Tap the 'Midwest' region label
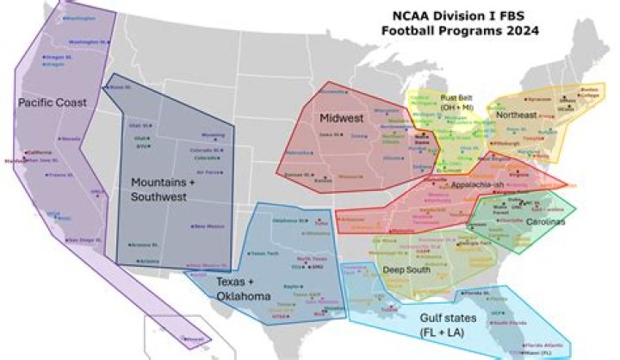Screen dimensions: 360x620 click(340, 117)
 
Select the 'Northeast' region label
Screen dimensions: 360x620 click(516, 113)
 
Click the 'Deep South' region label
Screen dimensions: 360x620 click(406, 269)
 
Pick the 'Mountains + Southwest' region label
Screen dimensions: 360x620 click(164, 189)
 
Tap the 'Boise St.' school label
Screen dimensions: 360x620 click(120, 87)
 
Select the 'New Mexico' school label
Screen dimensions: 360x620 click(209, 226)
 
